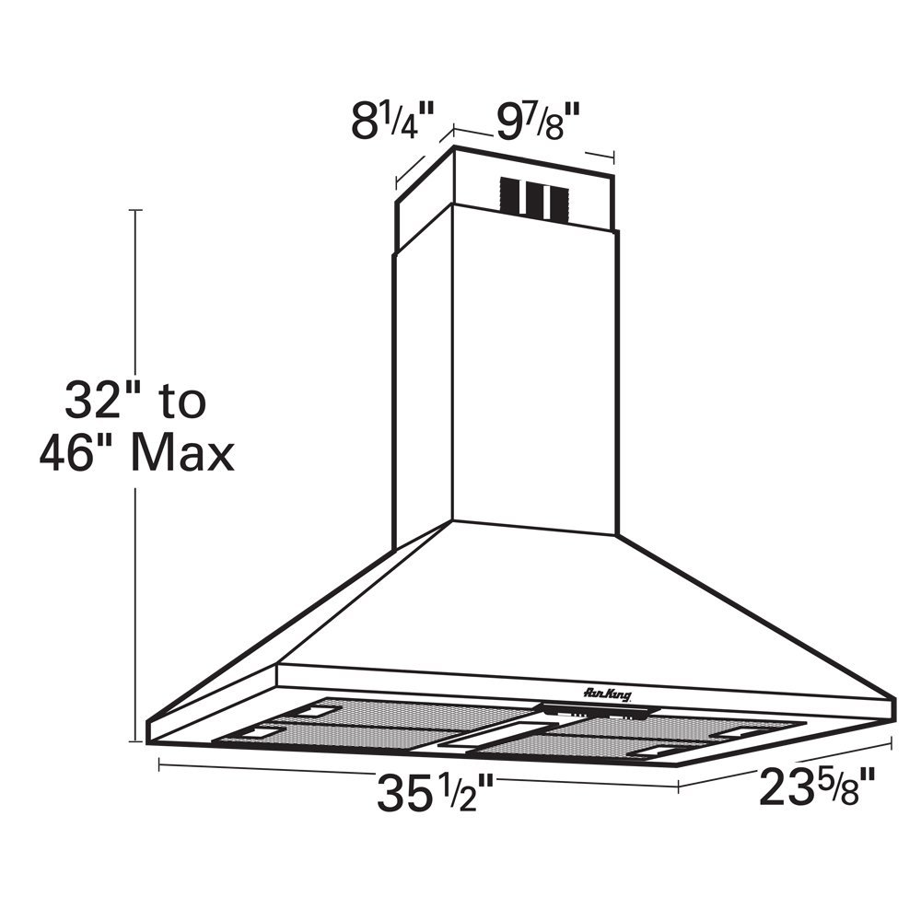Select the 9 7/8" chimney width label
[x=538, y=122]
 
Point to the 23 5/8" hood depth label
[x=815, y=787]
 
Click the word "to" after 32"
[x=181, y=402]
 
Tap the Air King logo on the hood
[x=607, y=694]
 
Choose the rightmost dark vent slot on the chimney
[x=558, y=199]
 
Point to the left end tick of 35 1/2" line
[x=160, y=763]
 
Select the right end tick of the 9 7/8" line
[x=612, y=156]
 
